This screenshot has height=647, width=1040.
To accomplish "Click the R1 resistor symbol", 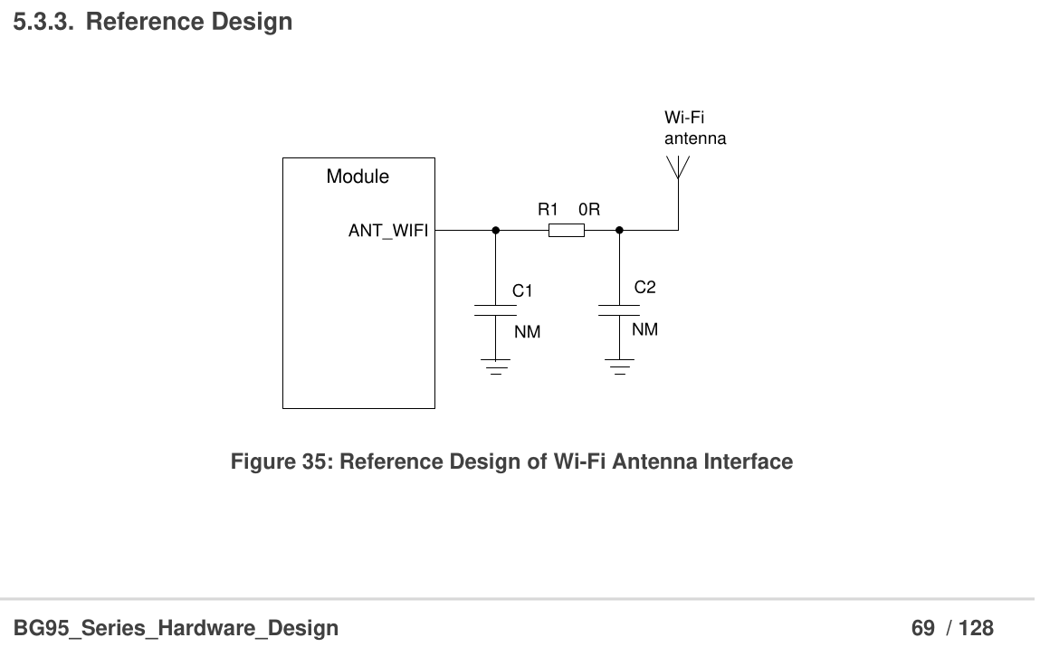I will click(567, 231).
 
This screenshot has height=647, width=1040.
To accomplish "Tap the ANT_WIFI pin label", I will click(388, 231).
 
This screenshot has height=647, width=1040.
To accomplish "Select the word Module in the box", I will click(358, 176).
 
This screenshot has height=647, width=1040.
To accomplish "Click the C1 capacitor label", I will click(522, 290).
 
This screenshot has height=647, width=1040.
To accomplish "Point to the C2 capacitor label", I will click(644, 288).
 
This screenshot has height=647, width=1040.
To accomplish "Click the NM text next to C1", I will click(527, 332).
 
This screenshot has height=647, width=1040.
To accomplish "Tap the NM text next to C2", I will click(644, 329).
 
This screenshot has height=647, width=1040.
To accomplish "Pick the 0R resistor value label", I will click(589, 209).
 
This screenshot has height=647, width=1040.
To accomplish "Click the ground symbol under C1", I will click(495, 366).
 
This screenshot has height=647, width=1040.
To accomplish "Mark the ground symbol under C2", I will click(619, 366).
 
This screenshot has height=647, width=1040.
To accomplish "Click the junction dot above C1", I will click(495, 231).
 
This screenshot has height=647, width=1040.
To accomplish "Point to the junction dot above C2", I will click(619, 231).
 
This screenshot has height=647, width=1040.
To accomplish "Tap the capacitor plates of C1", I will click(495, 310).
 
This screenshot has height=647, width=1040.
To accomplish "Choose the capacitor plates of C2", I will click(619, 310).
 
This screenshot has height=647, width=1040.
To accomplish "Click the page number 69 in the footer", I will click(922, 627).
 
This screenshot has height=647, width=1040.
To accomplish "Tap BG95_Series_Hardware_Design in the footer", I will click(176, 627).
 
